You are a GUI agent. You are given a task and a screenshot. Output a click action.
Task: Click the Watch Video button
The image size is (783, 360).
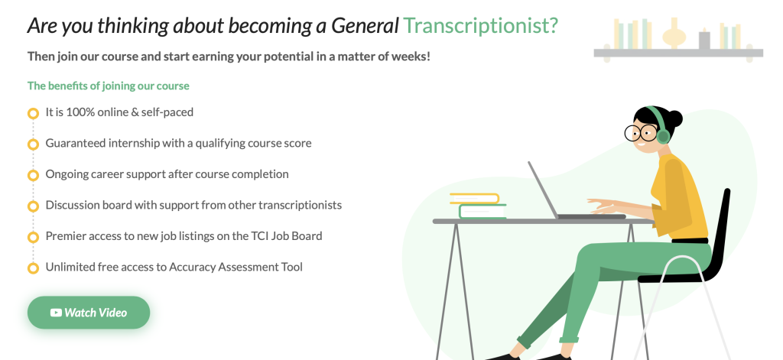click(x=89, y=313)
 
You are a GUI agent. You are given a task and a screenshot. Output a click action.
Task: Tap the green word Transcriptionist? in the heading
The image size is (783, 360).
click(x=481, y=26)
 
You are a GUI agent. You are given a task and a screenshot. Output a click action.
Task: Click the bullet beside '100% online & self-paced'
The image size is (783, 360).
click(x=33, y=113)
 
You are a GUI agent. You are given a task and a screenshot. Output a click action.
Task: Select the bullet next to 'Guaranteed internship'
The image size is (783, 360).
click(x=33, y=144)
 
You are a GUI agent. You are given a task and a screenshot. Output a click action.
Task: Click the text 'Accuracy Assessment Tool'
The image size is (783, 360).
click(x=236, y=267)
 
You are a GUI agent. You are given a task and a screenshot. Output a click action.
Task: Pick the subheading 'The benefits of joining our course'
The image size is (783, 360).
click(x=108, y=86)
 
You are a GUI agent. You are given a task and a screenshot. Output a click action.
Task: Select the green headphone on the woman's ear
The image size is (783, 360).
click(x=662, y=135)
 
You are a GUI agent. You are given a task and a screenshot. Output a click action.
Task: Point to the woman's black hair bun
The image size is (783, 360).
click(x=674, y=117)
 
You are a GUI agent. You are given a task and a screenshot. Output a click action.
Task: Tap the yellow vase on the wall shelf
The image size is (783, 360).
click(x=673, y=35)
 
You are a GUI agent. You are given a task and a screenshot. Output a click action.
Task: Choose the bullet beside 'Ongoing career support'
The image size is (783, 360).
click(x=33, y=175)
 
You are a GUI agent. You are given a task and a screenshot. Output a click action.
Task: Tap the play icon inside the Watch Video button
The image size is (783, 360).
click(x=56, y=313)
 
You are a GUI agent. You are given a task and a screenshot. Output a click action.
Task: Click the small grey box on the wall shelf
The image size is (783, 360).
click(x=704, y=41)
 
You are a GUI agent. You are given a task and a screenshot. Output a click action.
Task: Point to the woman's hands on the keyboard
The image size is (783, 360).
click(x=604, y=206)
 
